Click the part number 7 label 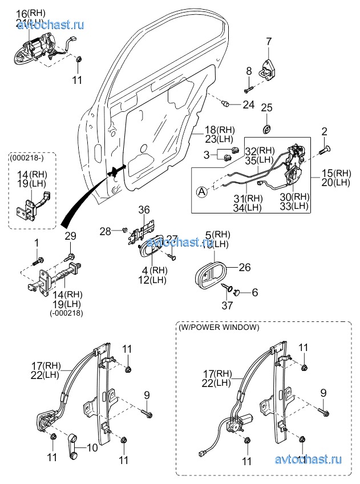coord(268,41)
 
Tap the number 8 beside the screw coord(249,70)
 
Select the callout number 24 coord(248,104)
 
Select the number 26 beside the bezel coord(244,266)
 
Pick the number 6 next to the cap coord(254,292)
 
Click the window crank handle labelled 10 coord(75,446)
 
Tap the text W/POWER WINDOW coord(219,328)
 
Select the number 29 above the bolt coord(70,236)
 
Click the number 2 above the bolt coord(324,131)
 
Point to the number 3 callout coord(208,154)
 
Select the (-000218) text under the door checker coord(67,313)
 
